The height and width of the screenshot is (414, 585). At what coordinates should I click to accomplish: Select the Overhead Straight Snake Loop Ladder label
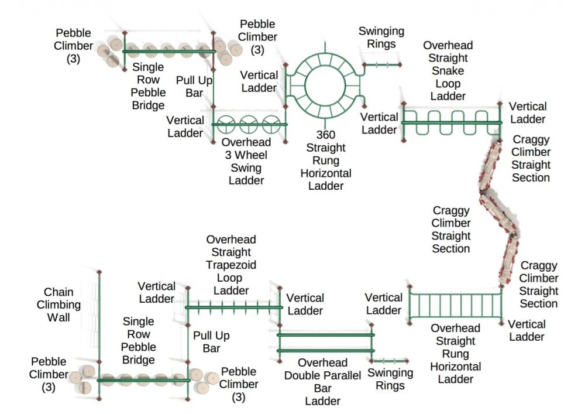[448, 70]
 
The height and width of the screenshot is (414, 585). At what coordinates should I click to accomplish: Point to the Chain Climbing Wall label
[58, 304]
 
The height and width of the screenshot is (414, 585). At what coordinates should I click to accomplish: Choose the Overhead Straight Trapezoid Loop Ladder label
[231, 265]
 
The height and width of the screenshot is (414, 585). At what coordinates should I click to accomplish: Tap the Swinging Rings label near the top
[381, 37]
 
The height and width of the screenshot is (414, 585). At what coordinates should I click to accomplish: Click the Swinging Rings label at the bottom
[390, 379]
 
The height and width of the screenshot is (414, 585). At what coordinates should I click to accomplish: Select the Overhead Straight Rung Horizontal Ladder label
[456, 354]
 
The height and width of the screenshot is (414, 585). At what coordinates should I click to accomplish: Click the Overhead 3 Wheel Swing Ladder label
[246, 161]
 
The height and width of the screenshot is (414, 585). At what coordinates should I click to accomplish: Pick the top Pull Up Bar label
[194, 86]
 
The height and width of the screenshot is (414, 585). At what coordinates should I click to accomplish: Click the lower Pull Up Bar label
[211, 341]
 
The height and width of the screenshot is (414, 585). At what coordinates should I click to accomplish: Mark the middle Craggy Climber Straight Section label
[451, 229]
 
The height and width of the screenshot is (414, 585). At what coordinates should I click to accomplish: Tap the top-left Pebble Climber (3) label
[74, 46]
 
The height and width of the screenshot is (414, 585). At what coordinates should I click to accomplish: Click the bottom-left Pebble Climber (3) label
[49, 374]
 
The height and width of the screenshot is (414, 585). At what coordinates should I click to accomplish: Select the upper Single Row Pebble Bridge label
[148, 86]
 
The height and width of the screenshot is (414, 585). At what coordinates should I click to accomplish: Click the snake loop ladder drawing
[452, 122]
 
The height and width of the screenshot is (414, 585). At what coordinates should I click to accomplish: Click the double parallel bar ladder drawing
[325, 342]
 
